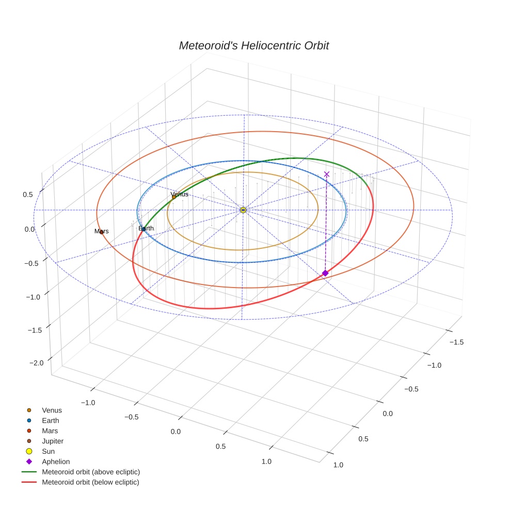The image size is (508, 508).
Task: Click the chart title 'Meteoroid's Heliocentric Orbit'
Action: pos(253,45)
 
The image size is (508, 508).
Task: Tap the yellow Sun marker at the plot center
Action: pos(243,210)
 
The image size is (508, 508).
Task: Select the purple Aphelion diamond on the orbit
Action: pos(325,273)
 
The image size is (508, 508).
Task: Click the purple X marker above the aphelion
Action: pos(326,174)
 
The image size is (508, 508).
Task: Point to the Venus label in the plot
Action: pos(179,195)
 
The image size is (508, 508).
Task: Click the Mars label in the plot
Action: pos(101,231)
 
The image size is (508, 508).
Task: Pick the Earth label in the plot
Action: pos(146,228)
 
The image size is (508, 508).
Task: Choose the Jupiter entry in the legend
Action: pos(52,441)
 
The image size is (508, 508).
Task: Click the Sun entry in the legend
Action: pos(48,451)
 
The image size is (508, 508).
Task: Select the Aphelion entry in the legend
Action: pos(55,462)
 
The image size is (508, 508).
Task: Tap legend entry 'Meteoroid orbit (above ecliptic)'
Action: pos(90,472)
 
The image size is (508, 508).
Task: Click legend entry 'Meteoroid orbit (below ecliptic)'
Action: pos(90,482)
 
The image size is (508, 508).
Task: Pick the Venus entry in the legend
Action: pos(52,410)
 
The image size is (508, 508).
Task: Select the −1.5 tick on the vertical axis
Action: pos(34,329)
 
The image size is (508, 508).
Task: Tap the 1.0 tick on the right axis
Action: pos(338,465)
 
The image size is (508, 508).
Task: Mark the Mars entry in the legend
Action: pos(50,431)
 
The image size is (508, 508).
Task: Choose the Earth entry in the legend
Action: pos(50,421)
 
